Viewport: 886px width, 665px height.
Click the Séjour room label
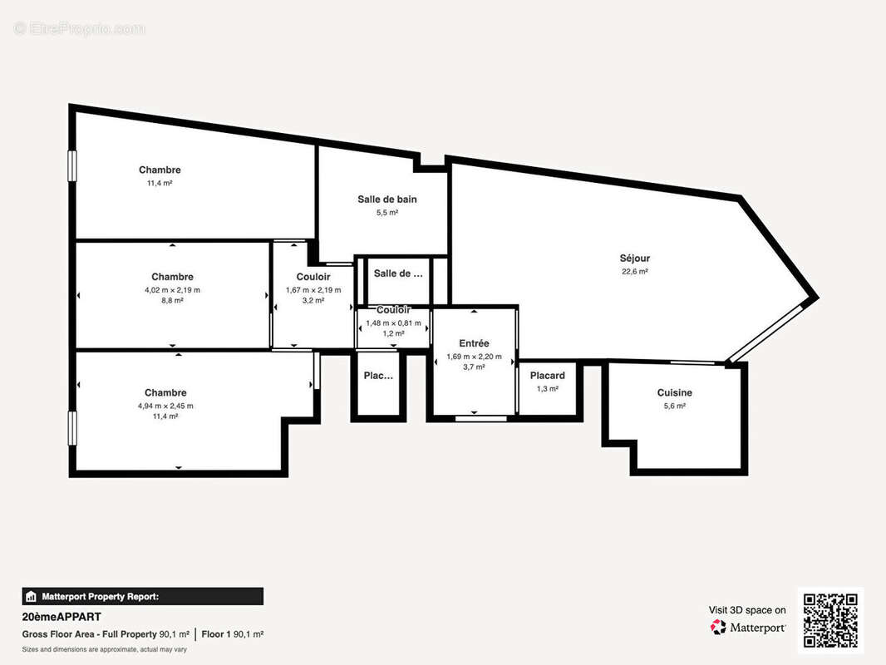[x=634, y=259]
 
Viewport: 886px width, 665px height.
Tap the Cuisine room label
[x=674, y=393]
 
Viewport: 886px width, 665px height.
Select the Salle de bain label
[x=387, y=199]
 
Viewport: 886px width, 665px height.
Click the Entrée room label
[x=474, y=343]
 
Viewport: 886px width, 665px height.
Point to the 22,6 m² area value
[x=634, y=272]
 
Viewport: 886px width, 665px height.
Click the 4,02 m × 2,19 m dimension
[x=172, y=290]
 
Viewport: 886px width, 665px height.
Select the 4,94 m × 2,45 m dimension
[x=165, y=406]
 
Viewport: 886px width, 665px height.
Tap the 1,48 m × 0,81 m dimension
[x=393, y=323]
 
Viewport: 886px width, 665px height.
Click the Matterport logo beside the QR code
[x=748, y=628]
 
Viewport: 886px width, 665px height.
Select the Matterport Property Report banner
[x=142, y=596]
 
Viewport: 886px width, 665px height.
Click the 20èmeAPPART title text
[x=62, y=617]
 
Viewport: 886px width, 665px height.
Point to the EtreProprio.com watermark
[x=80, y=29]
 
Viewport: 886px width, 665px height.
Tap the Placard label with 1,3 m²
[x=547, y=376]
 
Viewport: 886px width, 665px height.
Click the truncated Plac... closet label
[x=378, y=376]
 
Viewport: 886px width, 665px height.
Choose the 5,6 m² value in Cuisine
[x=674, y=406]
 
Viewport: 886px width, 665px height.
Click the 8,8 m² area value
[x=172, y=301]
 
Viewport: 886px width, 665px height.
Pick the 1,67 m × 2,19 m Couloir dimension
[x=313, y=290]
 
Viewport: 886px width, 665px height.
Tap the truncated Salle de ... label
[x=398, y=273]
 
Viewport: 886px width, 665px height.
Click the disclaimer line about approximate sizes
[x=104, y=649]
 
